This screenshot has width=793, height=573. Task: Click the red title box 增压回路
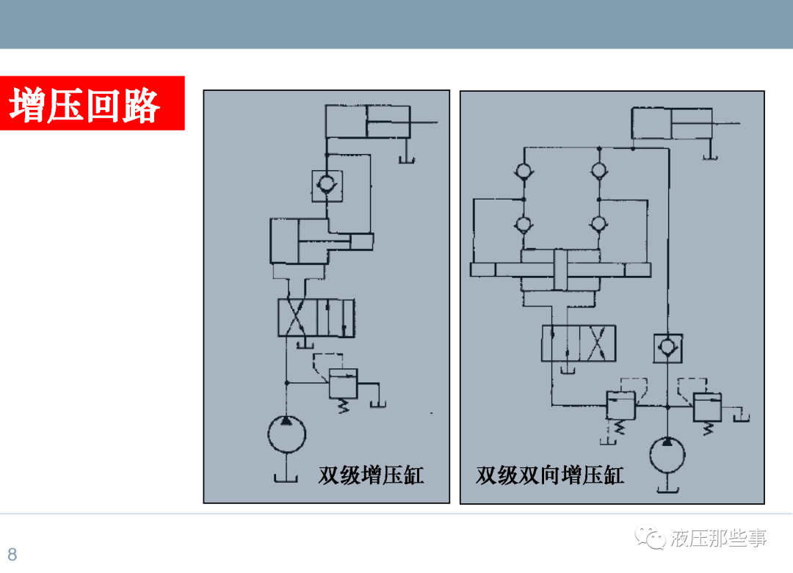point(92,103)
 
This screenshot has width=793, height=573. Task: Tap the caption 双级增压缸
point(371,475)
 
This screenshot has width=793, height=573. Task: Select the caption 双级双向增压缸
point(550,475)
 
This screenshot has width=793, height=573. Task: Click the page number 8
point(12,554)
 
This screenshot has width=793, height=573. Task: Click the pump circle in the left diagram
point(287,434)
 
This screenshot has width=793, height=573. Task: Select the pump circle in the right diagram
point(667,455)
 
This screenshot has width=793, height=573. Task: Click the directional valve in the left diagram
point(316,318)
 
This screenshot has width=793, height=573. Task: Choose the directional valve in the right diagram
point(579,343)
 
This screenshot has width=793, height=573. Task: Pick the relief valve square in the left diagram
point(342,384)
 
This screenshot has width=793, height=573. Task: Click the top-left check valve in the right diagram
point(524,171)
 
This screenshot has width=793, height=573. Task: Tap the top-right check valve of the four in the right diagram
point(598,171)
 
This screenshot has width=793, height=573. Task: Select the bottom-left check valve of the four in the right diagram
point(524,224)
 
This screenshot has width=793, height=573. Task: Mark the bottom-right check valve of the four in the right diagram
point(598,224)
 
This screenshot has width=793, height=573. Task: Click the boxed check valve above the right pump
point(667,348)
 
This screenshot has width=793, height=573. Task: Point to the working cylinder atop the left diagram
point(366,121)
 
